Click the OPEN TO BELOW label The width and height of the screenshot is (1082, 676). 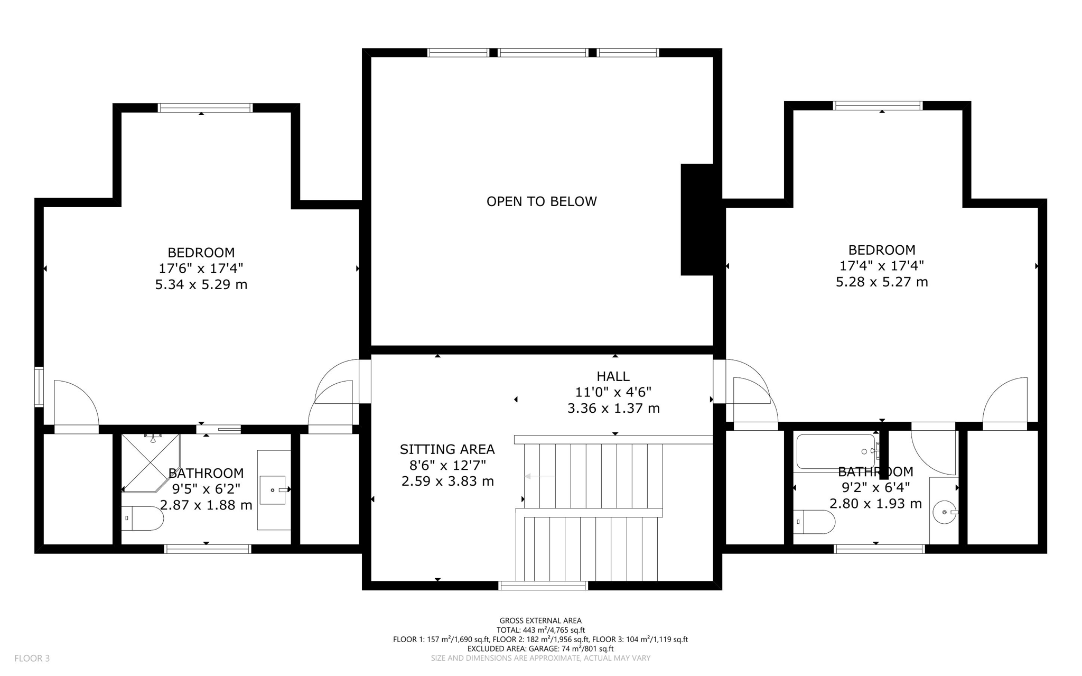(x=541, y=201)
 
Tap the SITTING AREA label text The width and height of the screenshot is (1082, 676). (x=447, y=449)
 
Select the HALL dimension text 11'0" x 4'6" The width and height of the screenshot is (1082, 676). (x=613, y=392)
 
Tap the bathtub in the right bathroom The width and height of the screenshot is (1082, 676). (x=836, y=451)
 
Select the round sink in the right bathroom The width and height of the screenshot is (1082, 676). (x=944, y=512)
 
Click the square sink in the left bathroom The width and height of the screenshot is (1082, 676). (x=273, y=490)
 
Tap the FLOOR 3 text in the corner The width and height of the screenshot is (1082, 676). (x=32, y=658)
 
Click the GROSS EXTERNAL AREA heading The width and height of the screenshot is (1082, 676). (x=540, y=621)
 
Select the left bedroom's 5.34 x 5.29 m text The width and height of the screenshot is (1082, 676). (x=201, y=285)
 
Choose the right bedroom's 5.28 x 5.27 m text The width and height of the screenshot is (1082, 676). (x=881, y=282)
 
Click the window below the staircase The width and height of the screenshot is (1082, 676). (x=543, y=585)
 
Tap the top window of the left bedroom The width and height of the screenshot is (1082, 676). (x=205, y=108)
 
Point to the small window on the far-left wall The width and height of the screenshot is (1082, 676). (x=39, y=387)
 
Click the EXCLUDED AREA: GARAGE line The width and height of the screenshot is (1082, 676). (x=540, y=649)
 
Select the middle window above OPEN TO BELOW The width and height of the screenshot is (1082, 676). (x=543, y=52)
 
